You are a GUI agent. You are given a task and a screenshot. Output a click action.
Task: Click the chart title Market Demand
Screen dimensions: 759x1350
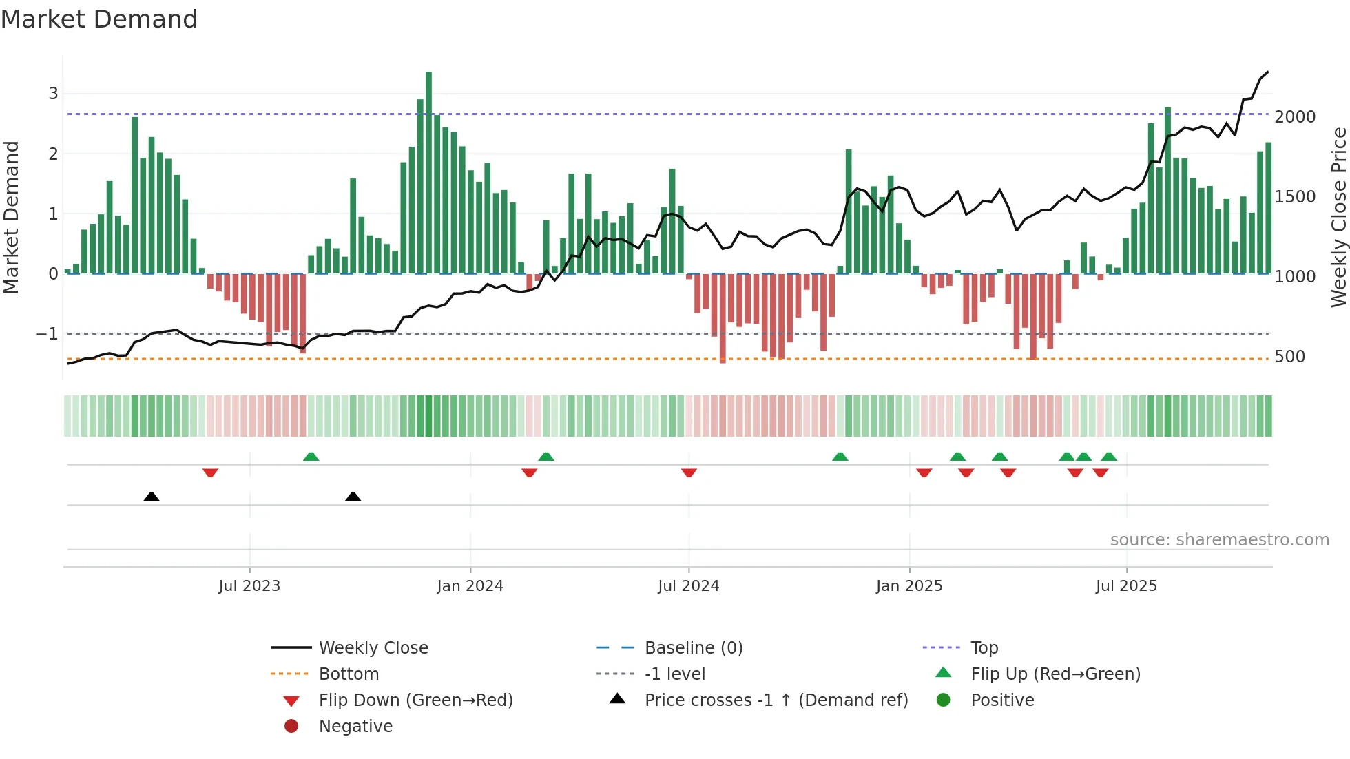pyautogui.click(x=99, y=19)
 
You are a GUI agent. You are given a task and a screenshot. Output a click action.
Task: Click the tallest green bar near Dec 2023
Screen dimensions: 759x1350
pyautogui.click(x=428, y=172)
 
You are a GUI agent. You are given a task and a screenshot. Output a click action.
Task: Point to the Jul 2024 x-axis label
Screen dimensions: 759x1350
pyautogui.click(x=688, y=586)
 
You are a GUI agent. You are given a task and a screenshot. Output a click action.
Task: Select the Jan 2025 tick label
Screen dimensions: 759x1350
pyautogui.click(x=909, y=586)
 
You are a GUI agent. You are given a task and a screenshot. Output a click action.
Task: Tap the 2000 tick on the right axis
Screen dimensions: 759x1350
pyautogui.click(x=1295, y=117)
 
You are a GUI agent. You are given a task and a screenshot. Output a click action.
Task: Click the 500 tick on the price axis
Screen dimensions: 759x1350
pyautogui.click(x=1289, y=357)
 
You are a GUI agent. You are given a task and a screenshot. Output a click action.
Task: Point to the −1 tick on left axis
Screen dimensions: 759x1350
pyautogui.click(x=47, y=334)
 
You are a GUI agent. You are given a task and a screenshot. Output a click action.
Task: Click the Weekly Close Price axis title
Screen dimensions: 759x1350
pyautogui.click(x=1338, y=217)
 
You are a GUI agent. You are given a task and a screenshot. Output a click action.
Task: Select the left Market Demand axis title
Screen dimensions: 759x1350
pyautogui.click(x=12, y=217)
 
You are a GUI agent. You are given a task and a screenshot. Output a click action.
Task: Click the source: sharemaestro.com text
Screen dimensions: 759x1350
pyautogui.click(x=1219, y=540)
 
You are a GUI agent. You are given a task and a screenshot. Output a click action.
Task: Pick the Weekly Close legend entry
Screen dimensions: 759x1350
pyautogui.click(x=373, y=648)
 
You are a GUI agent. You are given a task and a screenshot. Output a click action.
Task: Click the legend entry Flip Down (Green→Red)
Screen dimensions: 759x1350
pyautogui.click(x=415, y=700)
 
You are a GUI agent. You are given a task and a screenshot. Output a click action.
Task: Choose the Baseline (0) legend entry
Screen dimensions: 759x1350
pyautogui.click(x=693, y=648)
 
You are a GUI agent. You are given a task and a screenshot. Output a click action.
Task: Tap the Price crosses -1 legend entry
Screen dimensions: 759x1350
pyautogui.click(x=776, y=700)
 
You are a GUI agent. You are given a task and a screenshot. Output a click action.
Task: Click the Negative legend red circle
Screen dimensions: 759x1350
pyautogui.click(x=291, y=727)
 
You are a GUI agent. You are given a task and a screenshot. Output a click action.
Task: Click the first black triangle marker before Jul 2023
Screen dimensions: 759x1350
pyautogui.click(x=152, y=497)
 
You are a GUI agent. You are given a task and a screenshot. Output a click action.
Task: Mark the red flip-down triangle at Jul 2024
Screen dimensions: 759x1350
pyautogui.click(x=689, y=472)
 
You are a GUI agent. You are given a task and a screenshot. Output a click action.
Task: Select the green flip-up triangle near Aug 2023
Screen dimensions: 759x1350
pyautogui.click(x=311, y=457)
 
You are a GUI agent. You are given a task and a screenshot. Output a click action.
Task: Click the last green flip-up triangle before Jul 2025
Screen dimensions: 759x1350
pyautogui.click(x=1108, y=457)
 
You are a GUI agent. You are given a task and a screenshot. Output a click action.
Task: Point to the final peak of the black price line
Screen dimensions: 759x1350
pyautogui.click(x=1267, y=72)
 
